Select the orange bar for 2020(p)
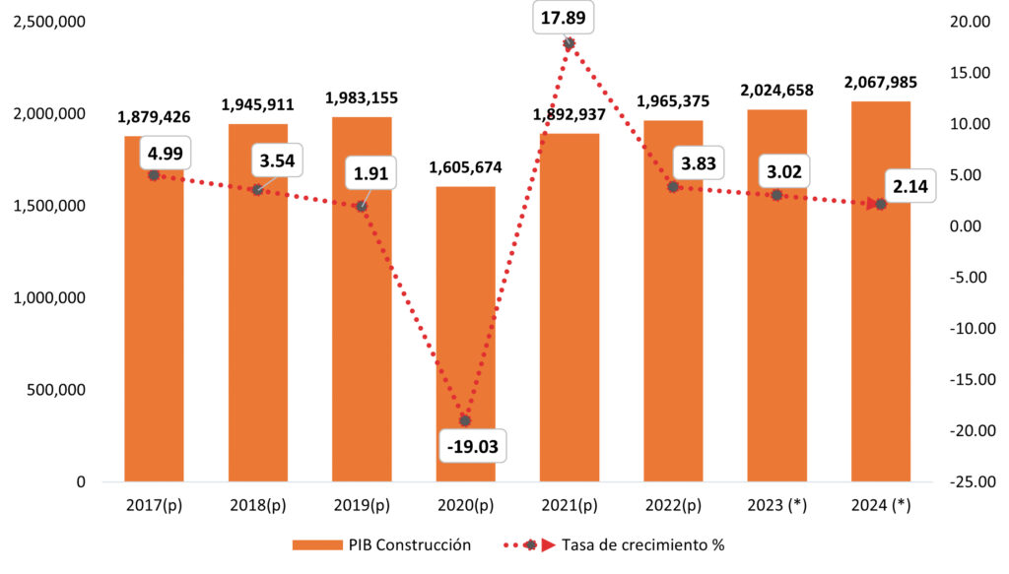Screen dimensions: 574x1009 click(465, 335)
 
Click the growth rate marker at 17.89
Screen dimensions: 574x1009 click(570, 43)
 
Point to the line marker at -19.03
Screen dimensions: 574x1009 click(465, 420)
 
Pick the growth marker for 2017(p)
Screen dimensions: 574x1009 click(154, 174)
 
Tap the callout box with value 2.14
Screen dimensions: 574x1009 click(901, 187)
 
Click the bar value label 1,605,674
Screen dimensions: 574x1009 click(465, 167)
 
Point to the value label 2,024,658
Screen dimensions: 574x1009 click(776, 91)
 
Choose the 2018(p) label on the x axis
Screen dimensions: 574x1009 click(257, 506)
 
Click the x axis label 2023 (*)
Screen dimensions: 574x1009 click(776, 506)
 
